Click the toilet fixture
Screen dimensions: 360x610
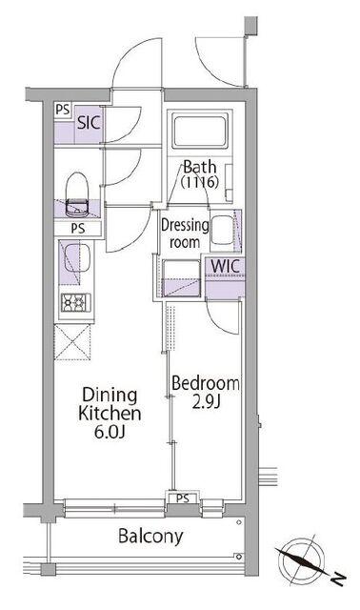tap(77, 194)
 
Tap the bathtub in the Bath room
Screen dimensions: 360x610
tap(200, 131)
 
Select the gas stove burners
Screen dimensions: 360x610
tap(76, 302)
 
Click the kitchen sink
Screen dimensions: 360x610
tap(77, 257)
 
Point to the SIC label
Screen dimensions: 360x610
tap(89, 122)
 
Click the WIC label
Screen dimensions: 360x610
tap(225, 267)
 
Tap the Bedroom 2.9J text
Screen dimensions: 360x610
tap(206, 392)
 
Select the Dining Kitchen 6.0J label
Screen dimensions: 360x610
tap(110, 413)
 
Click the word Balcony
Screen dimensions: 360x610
tap(150, 536)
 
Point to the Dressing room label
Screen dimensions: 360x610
tap(185, 234)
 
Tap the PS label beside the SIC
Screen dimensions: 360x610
tap(62, 110)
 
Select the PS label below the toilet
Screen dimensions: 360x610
tap(78, 229)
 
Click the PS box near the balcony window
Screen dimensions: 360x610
tap(183, 498)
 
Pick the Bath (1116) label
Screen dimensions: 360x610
tap(200, 174)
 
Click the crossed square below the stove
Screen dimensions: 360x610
tap(72, 343)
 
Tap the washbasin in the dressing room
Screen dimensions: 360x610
tap(223, 231)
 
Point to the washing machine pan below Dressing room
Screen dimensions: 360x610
tap(180, 278)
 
